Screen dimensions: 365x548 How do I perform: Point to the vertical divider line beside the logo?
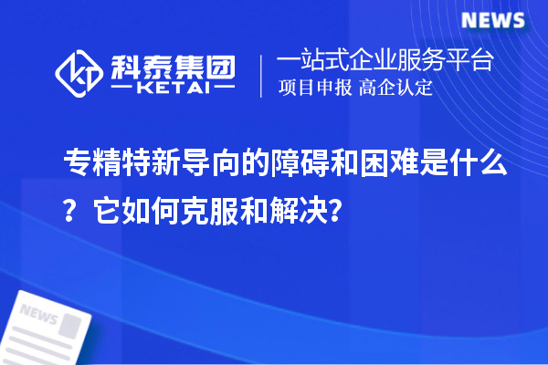(261, 76)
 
